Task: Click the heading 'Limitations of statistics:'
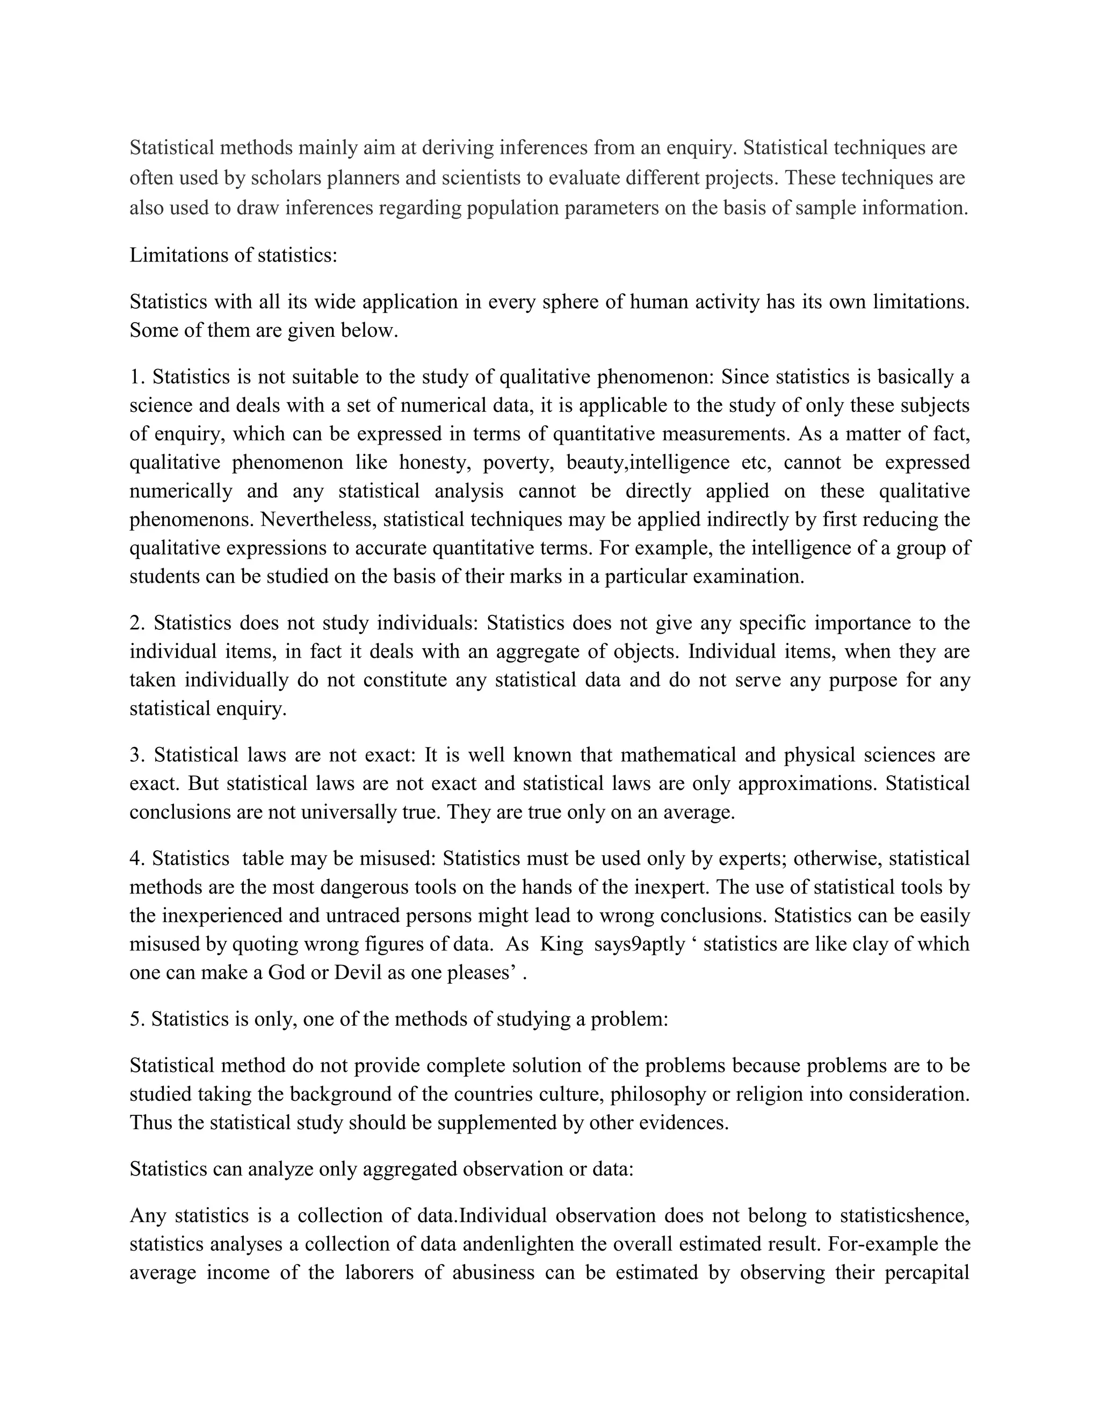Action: tap(233, 255)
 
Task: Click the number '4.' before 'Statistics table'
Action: tap(137, 858)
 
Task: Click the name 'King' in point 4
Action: tap(562, 944)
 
